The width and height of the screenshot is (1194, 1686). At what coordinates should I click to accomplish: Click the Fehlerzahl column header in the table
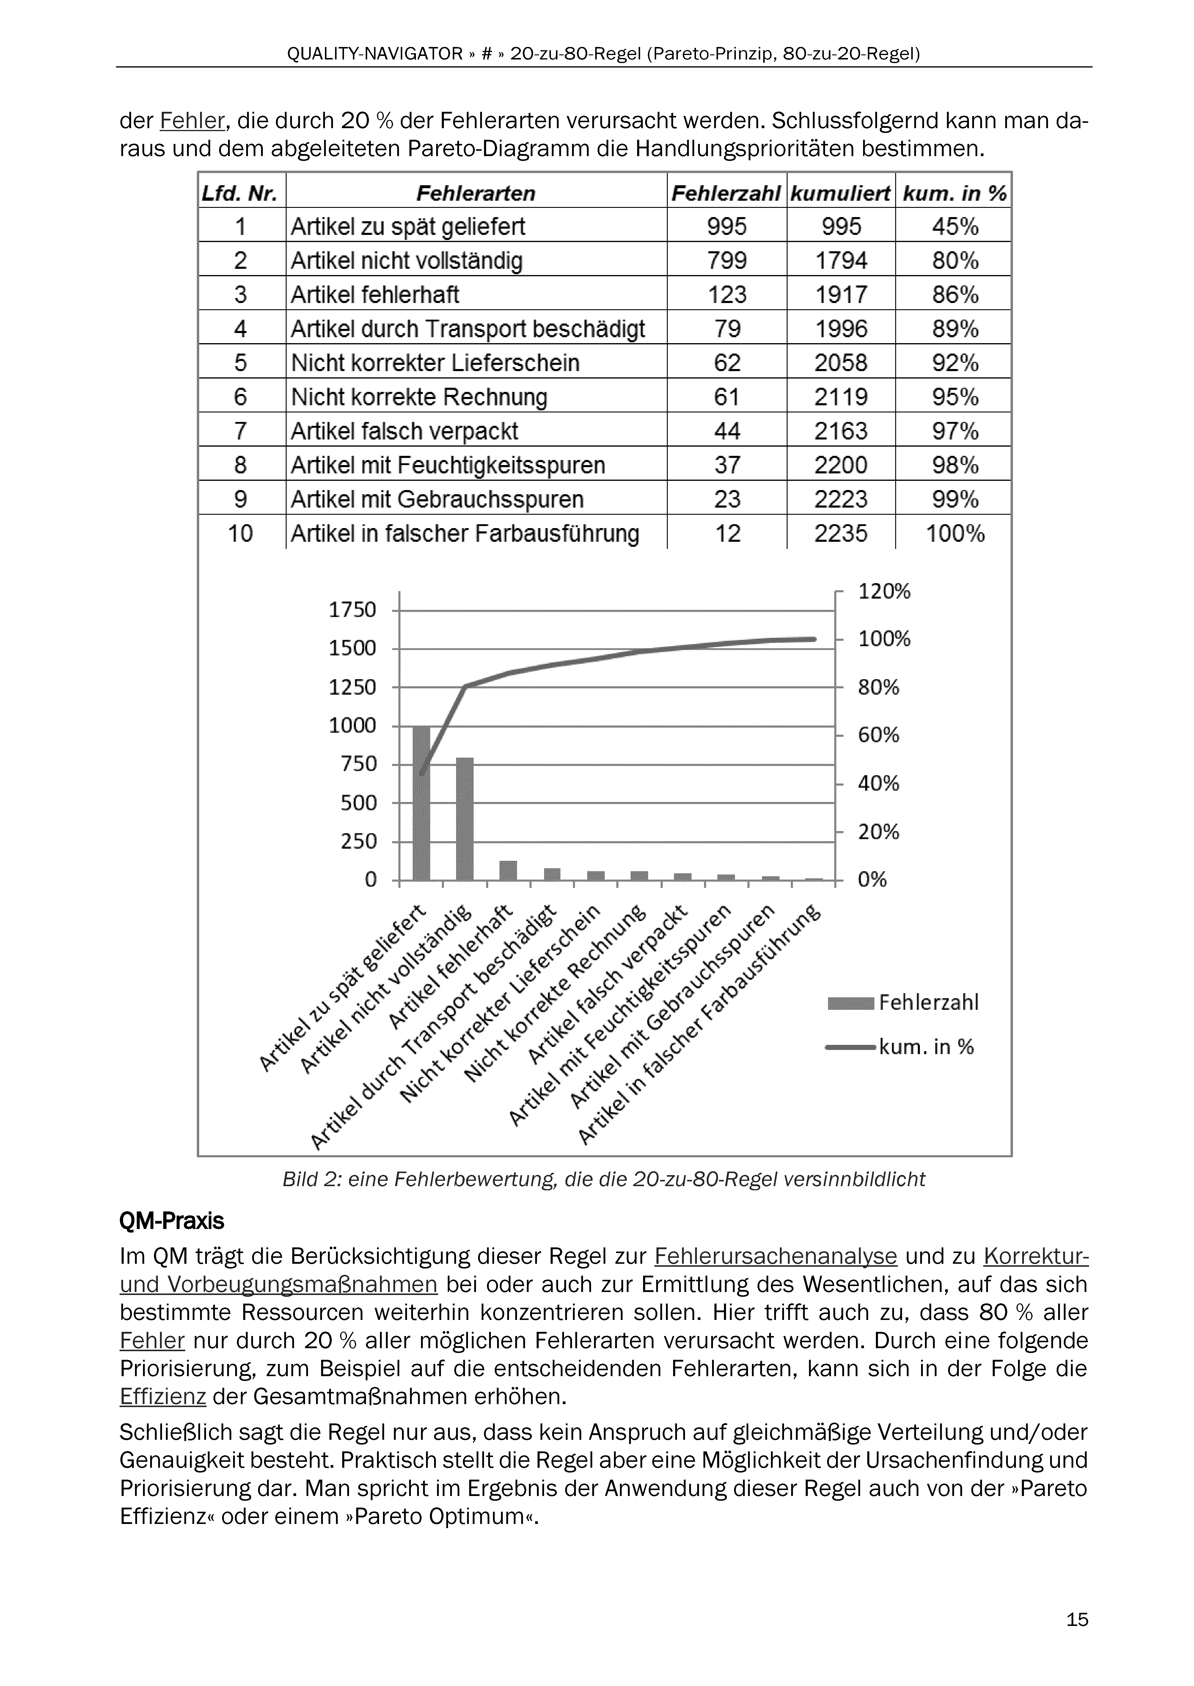pyautogui.click(x=726, y=193)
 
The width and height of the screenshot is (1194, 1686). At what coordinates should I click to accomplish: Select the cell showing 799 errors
pyautogui.click(x=726, y=260)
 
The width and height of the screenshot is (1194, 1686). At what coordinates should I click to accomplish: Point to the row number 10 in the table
pyautogui.click(x=241, y=533)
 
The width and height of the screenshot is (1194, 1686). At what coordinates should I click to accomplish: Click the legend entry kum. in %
pyautogui.click(x=926, y=1047)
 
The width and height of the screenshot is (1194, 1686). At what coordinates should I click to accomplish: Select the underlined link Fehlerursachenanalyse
pyautogui.click(x=776, y=1256)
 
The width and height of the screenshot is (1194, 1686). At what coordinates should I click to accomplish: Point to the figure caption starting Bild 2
pyautogui.click(x=604, y=1179)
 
